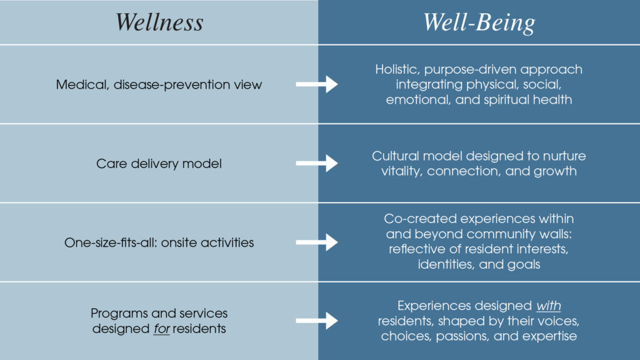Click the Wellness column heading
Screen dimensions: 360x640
click(x=159, y=22)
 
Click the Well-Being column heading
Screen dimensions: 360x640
click(x=479, y=22)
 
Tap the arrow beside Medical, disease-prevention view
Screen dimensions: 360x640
click(x=316, y=84)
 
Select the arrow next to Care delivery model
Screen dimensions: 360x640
click(x=316, y=163)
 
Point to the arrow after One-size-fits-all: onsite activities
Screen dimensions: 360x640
click(x=316, y=242)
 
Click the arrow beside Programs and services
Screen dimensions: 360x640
click(x=316, y=321)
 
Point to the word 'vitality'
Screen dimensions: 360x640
click(x=402, y=171)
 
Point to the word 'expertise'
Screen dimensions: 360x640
click(x=548, y=336)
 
